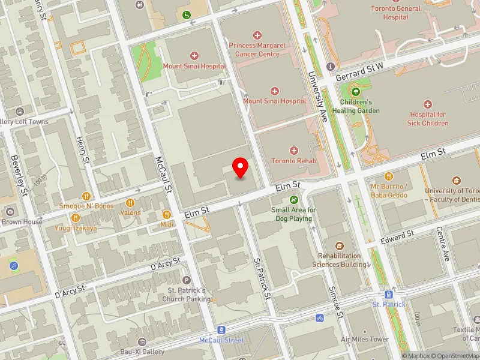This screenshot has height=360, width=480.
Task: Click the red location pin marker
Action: (241, 167)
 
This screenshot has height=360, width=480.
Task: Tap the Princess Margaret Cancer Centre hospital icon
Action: (258, 36)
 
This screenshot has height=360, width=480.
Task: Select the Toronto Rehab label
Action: (293, 161)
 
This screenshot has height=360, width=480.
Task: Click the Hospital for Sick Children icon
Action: (428, 104)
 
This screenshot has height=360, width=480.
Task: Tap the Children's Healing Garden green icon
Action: (356, 92)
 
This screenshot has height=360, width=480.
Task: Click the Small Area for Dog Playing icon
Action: (293, 200)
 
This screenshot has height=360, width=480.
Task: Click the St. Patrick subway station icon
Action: (389, 295)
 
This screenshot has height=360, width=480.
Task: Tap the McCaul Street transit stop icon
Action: (221, 330)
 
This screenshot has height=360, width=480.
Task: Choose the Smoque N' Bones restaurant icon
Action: (86, 196)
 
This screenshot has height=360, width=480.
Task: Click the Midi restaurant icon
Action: (167, 214)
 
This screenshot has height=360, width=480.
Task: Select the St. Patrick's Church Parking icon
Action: (186, 280)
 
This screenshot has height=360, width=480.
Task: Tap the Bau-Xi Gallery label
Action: (142, 352)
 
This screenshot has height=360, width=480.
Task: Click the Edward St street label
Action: (397, 236)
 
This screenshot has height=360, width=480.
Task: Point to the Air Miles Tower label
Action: (365, 340)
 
